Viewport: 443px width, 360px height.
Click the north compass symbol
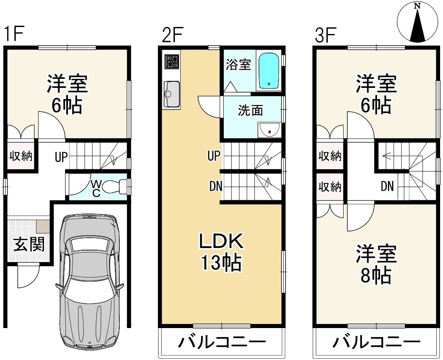pos(418,22)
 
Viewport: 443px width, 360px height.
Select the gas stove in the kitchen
pos(172,62)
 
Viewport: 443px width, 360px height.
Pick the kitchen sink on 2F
pos(172,94)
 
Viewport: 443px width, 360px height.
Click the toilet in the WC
pos(114,187)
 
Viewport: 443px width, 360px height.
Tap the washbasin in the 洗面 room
pos(269,130)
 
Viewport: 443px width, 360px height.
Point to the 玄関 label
pos(29,244)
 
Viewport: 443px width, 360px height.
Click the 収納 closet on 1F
pos(21,156)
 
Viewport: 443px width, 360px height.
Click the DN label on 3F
pos(387,186)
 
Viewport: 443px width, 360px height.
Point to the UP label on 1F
pos(61,157)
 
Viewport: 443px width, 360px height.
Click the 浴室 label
pos(238,65)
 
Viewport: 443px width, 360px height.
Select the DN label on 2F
pos(216,186)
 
